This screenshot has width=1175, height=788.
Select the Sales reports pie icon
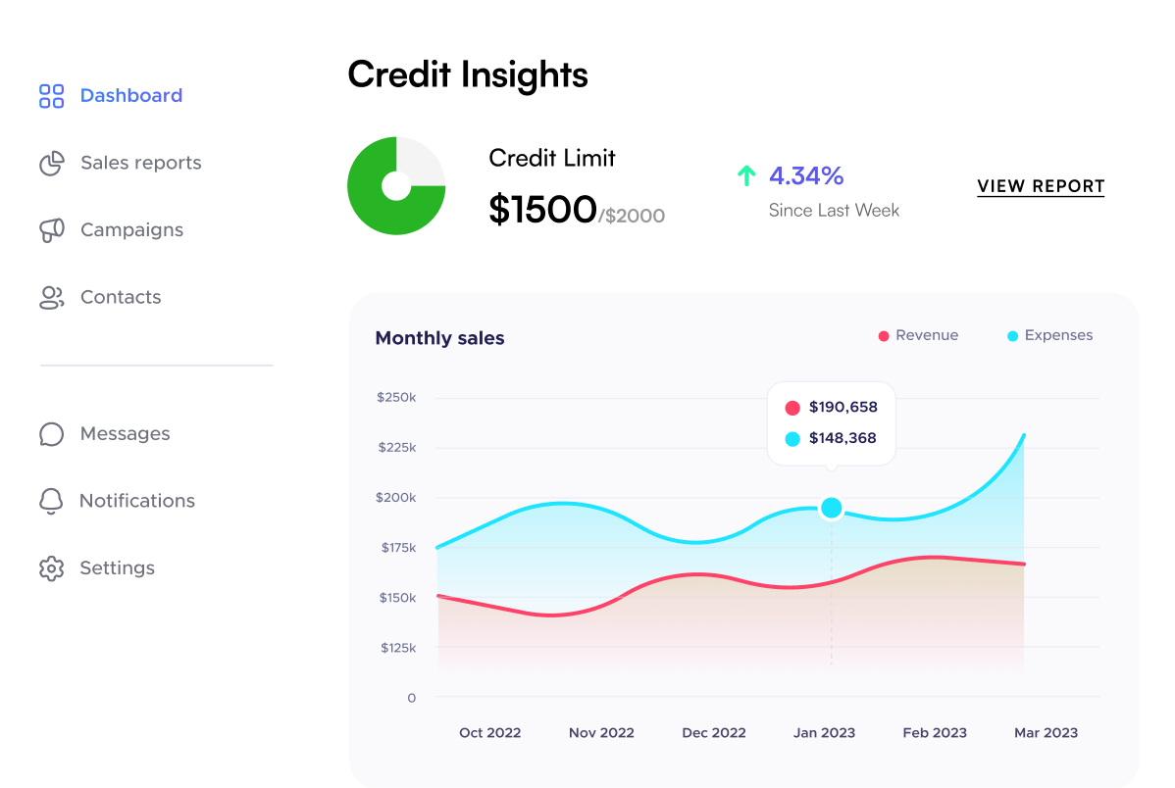tap(51, 164)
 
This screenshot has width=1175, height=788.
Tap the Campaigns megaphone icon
tap(51, 230)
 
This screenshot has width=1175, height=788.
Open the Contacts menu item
tap(120, 297)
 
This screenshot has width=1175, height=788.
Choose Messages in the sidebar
tap(125, 433)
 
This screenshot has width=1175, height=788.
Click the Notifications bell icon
tap(51, 501)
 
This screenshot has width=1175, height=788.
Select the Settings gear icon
tap(51, 568)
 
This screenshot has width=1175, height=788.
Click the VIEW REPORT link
tap(1041, 186)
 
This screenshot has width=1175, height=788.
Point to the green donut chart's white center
tap(396, 185)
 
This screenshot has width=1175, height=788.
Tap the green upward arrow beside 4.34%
tap(746, 176)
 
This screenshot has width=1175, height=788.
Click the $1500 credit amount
tap(542, 209)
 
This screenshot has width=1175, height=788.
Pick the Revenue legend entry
tap(918, 335)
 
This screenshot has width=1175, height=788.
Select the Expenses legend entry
tap(1049, 335)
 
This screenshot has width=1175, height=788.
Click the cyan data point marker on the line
tap(832, 508)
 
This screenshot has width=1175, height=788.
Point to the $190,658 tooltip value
tap(843, 408)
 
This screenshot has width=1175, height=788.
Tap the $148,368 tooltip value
tap(843, 438)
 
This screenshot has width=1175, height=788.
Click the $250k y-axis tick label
tap(396, 398)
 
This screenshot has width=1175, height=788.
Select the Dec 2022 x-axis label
tap(714, 733)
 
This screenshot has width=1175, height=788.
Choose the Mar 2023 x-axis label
tap(1046, 733)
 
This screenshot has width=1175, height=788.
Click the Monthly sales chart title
tap(439, 338)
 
